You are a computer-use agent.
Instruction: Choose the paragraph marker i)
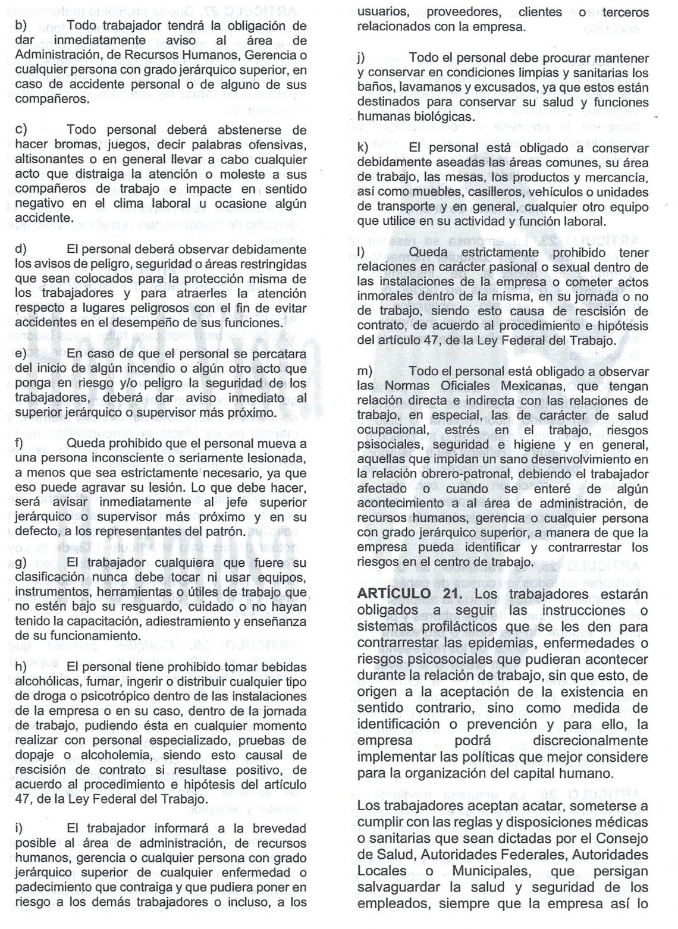18,828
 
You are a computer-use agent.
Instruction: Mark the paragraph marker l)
360,252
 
